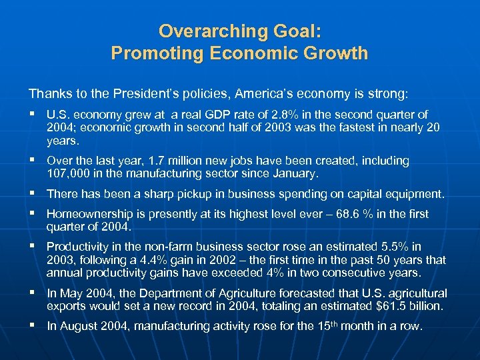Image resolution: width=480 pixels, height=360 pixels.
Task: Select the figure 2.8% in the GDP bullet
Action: (x=290, y=115)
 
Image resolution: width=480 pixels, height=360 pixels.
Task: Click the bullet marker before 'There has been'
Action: (x=33, y=194)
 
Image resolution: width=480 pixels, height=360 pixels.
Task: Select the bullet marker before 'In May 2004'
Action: (x=33, y=293)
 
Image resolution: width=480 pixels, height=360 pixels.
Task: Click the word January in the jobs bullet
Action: (x=295, y=174)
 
